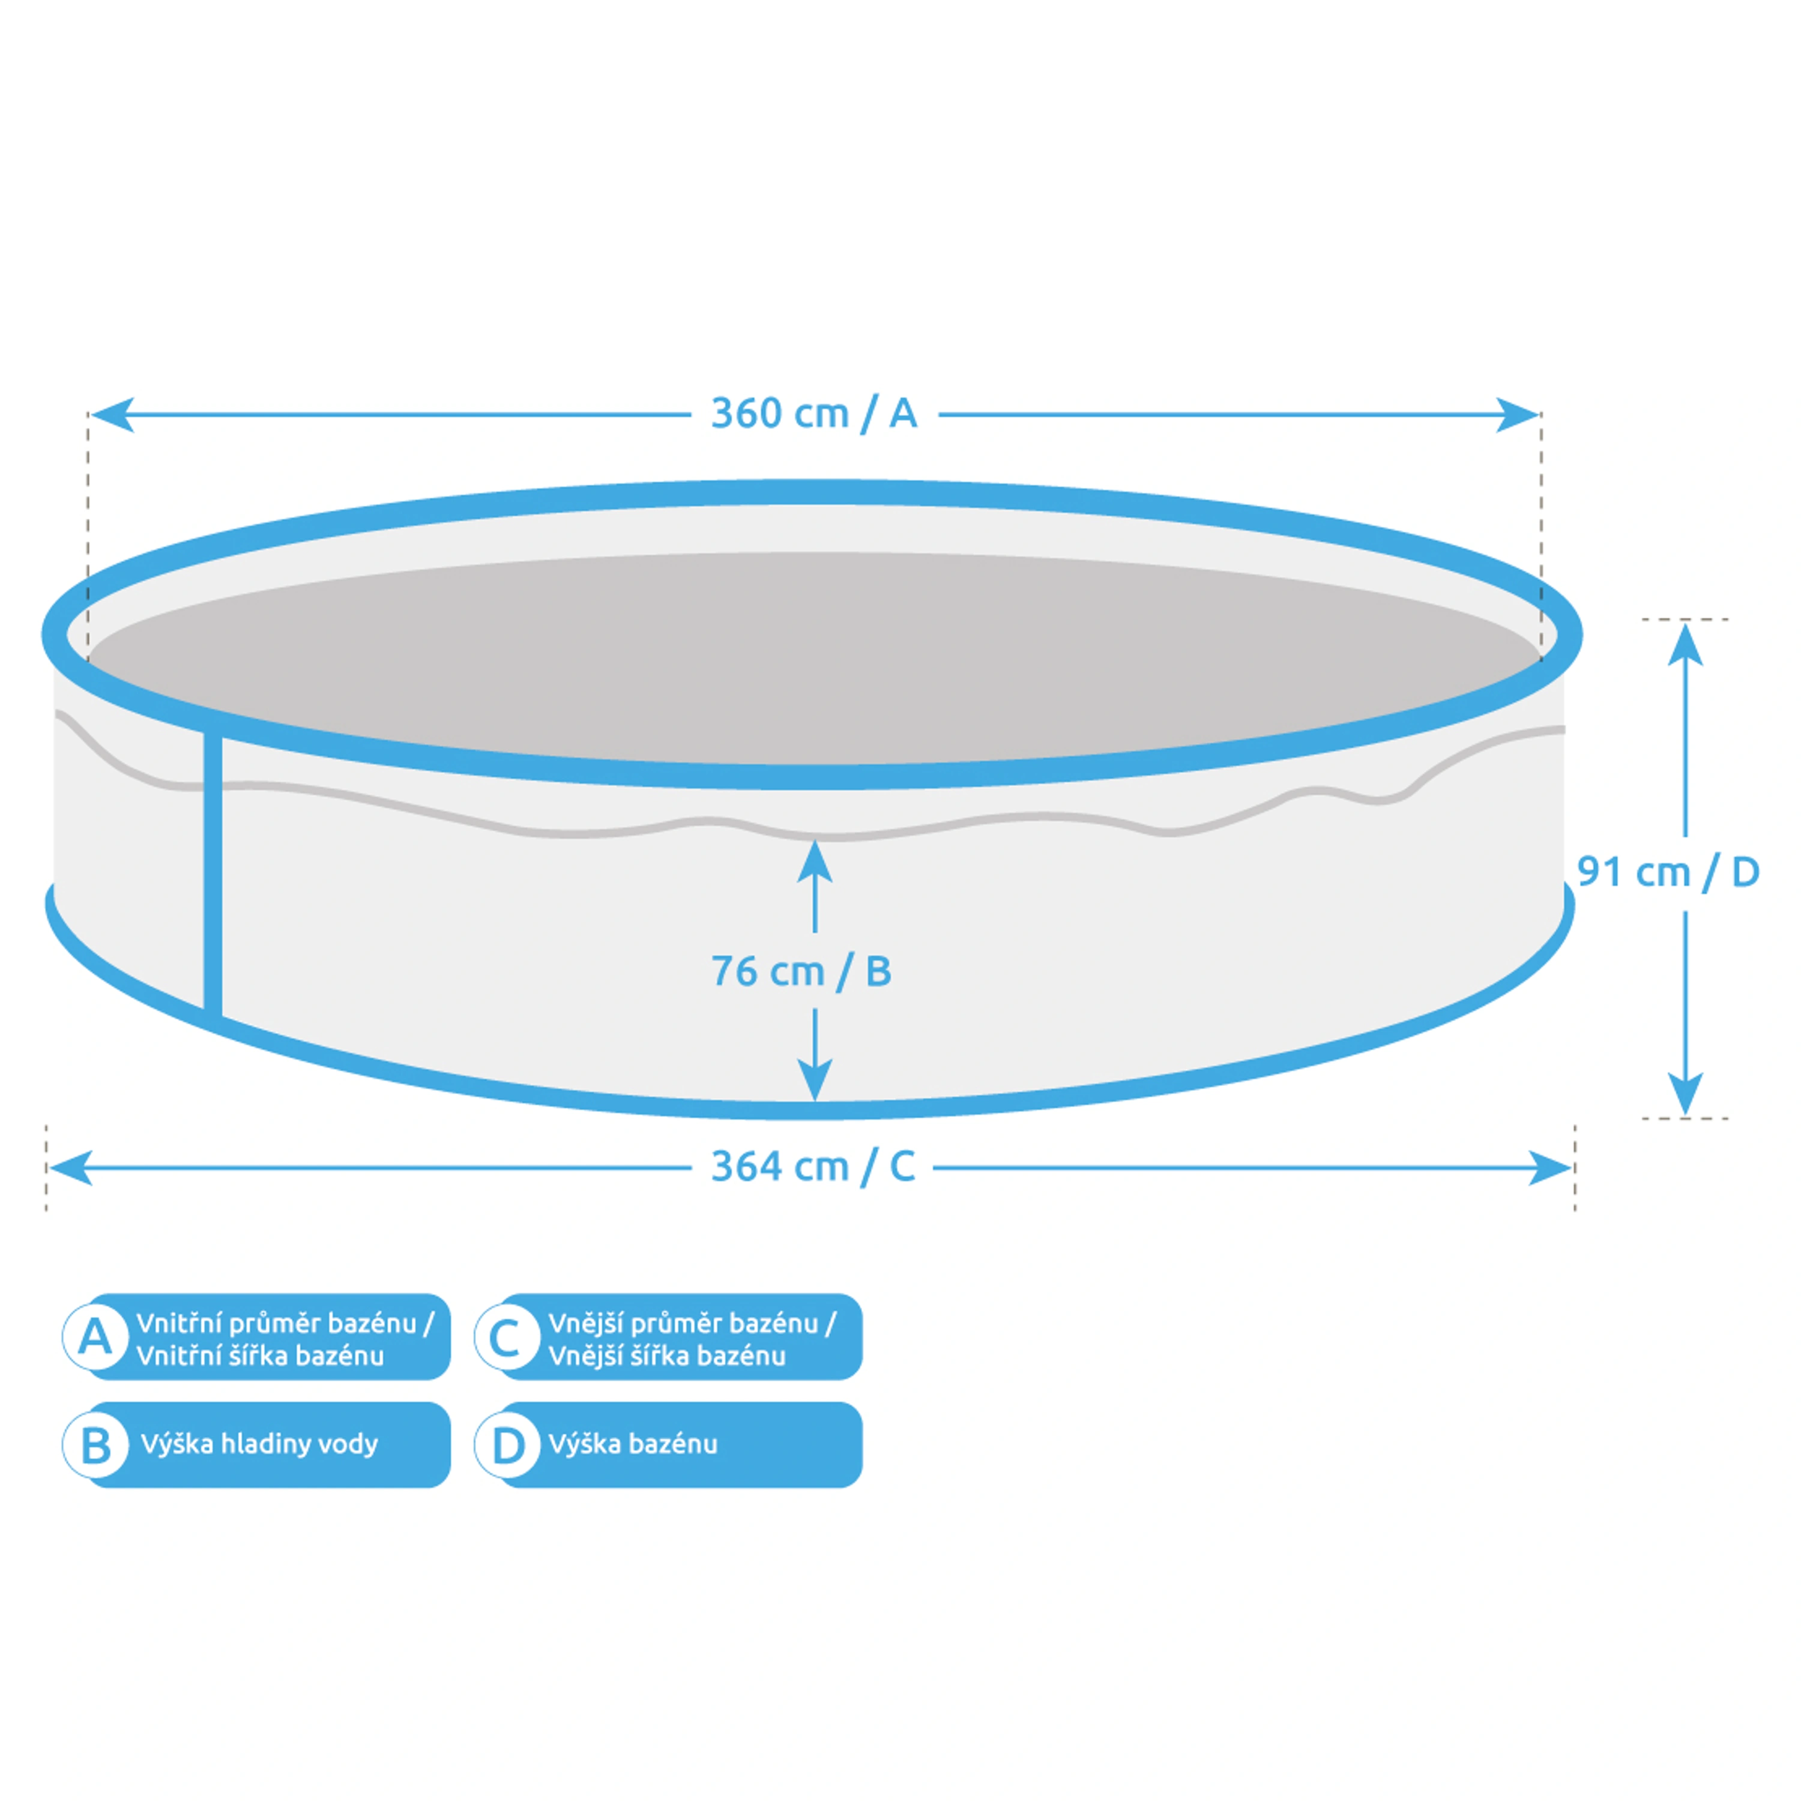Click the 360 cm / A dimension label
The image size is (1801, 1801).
[814, 414]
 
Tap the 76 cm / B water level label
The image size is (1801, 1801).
[801, 971]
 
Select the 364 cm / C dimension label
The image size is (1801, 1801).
[813, 1167]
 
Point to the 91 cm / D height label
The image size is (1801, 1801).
[1668, 872]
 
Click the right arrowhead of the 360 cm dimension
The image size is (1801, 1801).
[1516, 415]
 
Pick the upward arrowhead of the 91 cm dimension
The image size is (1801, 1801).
[1685, 644]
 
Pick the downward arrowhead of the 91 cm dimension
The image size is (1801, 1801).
[1685, 1093]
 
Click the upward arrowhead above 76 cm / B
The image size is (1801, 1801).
[815, 862]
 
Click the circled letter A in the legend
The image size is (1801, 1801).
[95, 1338]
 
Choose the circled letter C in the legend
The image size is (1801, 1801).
[506, 1338]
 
